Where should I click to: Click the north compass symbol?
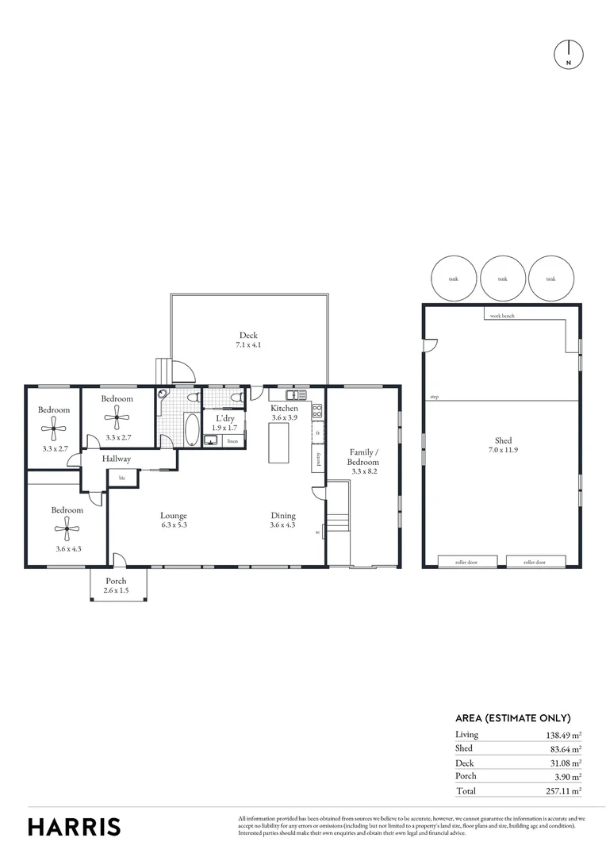pyautogui.click(x=568, y=53)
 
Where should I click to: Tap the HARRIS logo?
pyautogui.click(x=75, y=826)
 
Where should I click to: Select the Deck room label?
pyautogui.click(x=248, y=335)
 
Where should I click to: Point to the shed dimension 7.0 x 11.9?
pyautogui.click(x=503, y=451)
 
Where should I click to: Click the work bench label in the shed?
pyautogui.click(x=503, y=316)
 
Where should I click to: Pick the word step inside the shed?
pyautogui.click(x=434, y=397)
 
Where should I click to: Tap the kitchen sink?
pyautogui.click(x=296, y=394)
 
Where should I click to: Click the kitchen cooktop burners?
pyautogui.click(x=317, y=410)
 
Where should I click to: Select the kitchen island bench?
pyautogui.click(x=278, y=442)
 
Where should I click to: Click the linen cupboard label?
pyautogui.click(x=232, y=440)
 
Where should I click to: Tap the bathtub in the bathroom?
pyautogui.click(x=192, y=430)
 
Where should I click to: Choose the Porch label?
pyautogui.click(x=116, y=580)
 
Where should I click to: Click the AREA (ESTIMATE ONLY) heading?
pyautogui.click(x=512, y=717)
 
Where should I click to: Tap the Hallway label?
pyautogui.click(x=116, y=459)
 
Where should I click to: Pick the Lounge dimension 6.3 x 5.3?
pyautogui.click(x=174, y=525)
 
